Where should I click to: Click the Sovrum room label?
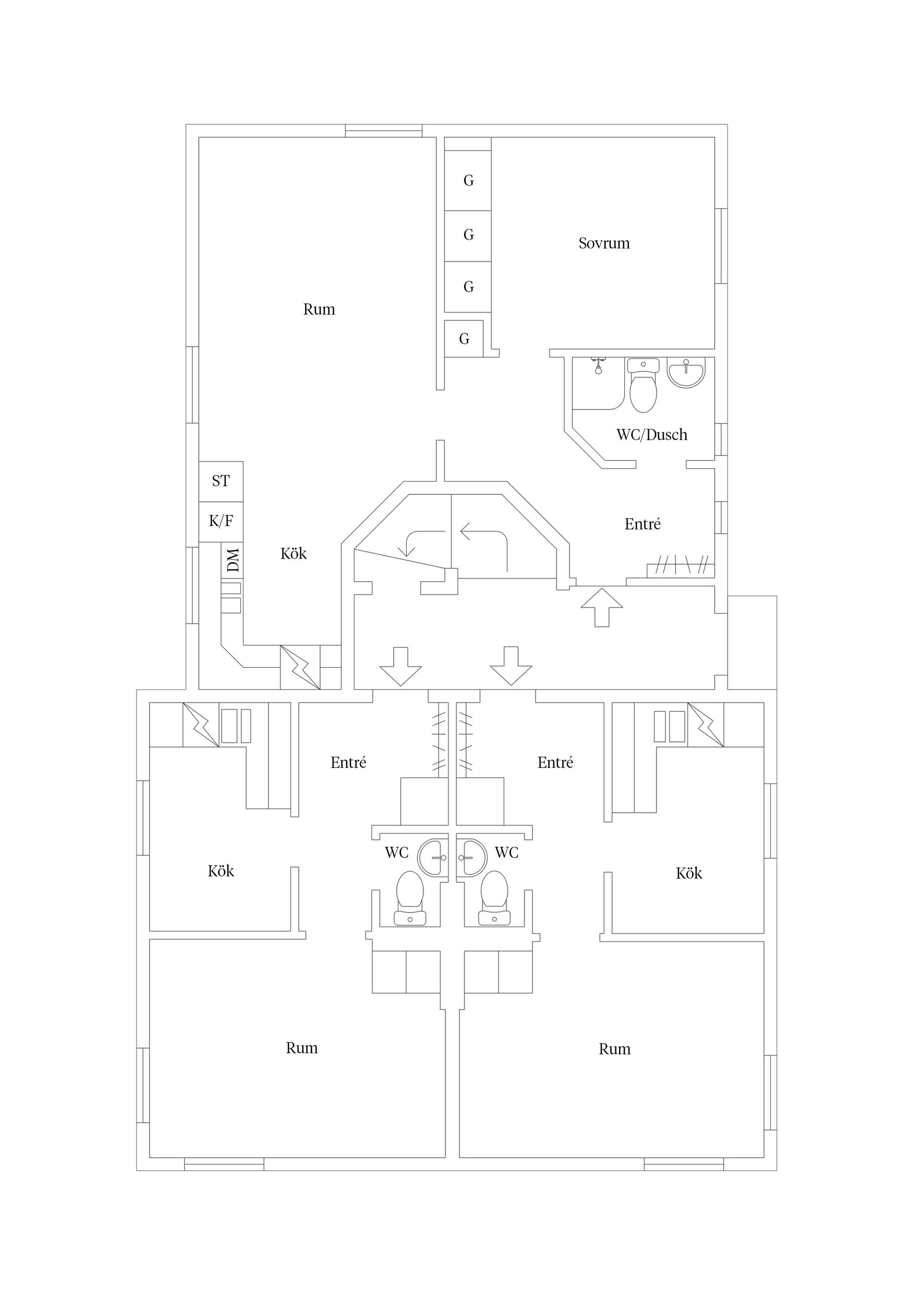[x=604, y=243]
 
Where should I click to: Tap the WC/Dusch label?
[x=652, y=434]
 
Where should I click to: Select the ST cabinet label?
[x=221, y=481]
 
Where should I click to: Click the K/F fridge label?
[x=221, y=521]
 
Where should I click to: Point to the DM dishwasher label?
[x=232, y=560]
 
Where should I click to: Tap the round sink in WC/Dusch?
[x=686, y=372]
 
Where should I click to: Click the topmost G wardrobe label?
[x=468, y=181]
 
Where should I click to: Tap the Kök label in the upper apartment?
[x=294, y=553]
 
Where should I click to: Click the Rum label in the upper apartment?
[x=319, y=309]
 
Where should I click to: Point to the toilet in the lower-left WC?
[x=410, y=897]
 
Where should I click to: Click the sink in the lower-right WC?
[x=471, y=857]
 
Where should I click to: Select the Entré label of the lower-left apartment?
[x=348, y=762]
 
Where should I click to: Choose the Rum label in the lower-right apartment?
[x=614, y=1049]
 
